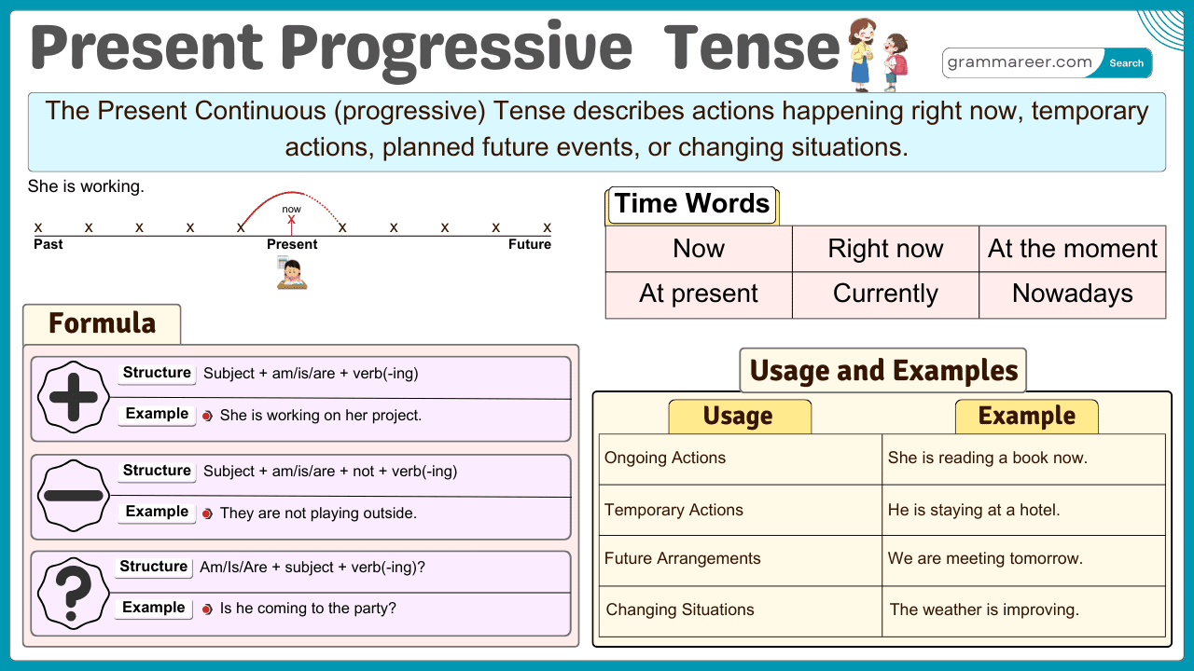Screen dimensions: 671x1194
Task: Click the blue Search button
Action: point(1126,63)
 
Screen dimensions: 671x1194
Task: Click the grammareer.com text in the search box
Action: point(1019,62)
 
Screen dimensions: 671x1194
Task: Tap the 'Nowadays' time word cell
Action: point(1072,294)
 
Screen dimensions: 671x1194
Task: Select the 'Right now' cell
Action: point(885,249)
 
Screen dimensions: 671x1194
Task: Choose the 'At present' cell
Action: point(699,294)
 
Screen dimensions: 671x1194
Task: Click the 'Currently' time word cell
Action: point(885,294)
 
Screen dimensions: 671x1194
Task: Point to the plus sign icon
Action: point(73,398)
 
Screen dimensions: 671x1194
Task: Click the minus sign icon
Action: point(73,496)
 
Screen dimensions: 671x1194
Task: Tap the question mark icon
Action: point(73,592)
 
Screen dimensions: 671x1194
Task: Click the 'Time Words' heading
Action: point(692,204)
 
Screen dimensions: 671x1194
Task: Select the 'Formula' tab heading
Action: point(102,323)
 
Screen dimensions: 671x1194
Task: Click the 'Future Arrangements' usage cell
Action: point(682,559)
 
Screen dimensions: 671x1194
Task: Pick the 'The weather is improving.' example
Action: point(984,610)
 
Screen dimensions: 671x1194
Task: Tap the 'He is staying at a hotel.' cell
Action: point(974,510)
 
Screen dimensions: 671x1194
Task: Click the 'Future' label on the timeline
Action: point(529,244)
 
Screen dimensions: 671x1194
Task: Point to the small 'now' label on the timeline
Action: point(292,209)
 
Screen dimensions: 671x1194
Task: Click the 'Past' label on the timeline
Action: point(49,244)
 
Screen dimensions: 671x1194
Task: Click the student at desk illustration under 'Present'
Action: point(292,273)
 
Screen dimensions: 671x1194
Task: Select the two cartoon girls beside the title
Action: point(878,55)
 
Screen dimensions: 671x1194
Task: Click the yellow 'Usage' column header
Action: point(738,417)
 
